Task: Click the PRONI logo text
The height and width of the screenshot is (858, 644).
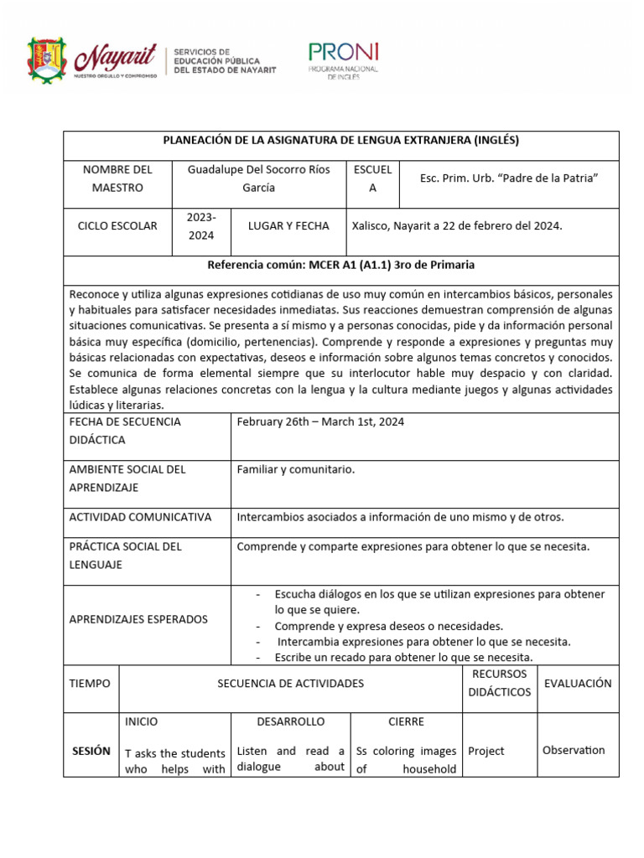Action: [344, 52]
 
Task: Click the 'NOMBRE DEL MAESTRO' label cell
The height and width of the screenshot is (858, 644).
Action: [117, 178]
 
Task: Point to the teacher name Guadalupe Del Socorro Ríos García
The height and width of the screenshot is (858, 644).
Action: [258, 178]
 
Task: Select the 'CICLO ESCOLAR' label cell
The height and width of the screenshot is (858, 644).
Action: [117, 226]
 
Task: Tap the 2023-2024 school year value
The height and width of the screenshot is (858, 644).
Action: [201, 226]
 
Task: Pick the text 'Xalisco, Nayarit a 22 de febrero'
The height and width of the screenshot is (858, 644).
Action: [457, 226]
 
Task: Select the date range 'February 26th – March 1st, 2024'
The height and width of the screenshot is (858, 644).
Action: [320, 422]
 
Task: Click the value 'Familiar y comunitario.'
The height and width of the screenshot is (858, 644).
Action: [296, 469]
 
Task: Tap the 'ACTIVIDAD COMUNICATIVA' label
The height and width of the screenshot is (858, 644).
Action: [140, 517]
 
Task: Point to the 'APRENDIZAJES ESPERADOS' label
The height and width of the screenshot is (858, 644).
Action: [138, 619]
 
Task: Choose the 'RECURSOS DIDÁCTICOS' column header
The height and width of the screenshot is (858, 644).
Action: [499, 683]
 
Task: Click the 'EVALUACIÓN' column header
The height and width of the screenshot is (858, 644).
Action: [578, 683]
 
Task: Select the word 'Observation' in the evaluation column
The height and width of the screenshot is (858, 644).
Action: [574, 750]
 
